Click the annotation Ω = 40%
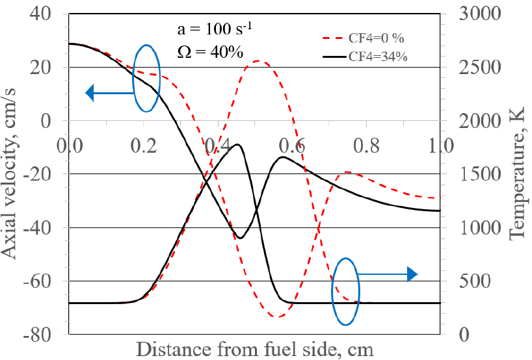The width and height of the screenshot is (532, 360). coord(202,52)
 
